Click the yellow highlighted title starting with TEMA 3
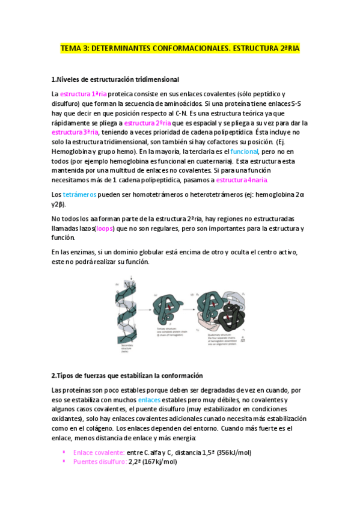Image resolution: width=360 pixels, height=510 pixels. pos(180,49)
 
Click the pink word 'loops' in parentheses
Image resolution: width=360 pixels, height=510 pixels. pos(103,229)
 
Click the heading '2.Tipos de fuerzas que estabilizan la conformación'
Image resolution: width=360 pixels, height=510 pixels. pos(127,375)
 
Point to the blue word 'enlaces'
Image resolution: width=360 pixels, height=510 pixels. pos(149,399)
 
